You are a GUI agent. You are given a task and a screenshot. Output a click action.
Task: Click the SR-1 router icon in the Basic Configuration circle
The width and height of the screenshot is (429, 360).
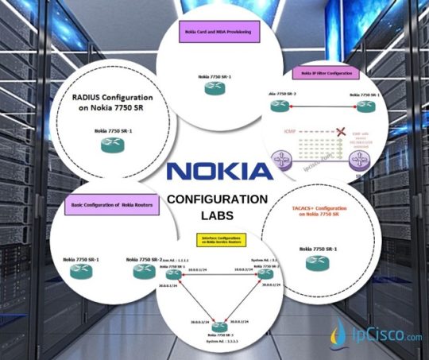(81, 271)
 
